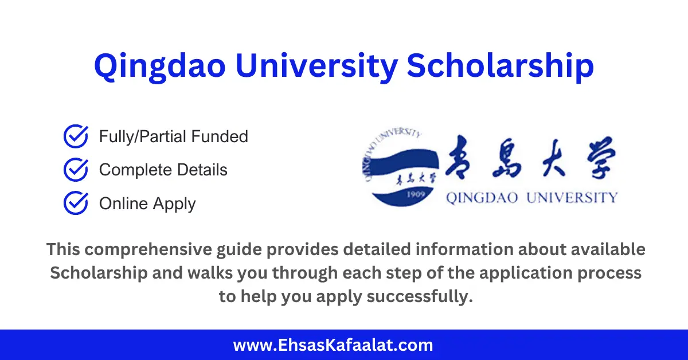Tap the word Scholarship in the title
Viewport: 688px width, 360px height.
click(x=500, y=66)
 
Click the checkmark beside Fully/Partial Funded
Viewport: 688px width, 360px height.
click(x=75, y=136)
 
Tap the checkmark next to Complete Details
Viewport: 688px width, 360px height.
click(x=75, y=170)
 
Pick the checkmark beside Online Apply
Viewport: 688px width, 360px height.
click(x=75, y=204)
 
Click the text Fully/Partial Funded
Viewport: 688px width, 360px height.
click(x=173, y=136)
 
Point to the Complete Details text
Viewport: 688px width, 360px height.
click(x=163, y=170)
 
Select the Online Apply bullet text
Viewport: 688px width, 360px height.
click(x=147, y=204)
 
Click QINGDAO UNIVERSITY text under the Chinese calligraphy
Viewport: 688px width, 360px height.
click(x=531, y=198)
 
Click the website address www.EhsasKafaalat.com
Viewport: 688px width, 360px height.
click(x=333, y=345)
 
